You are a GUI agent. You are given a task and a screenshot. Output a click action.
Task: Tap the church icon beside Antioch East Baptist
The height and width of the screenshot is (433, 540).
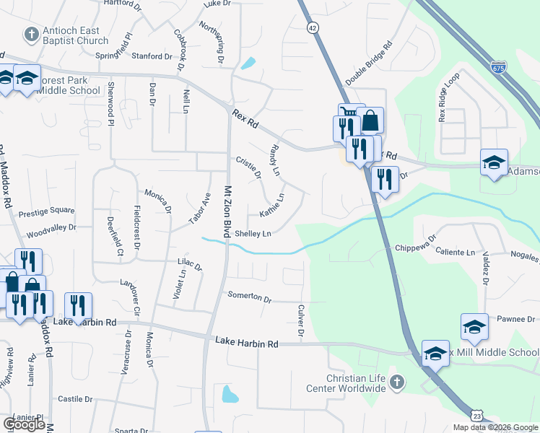point(31,34)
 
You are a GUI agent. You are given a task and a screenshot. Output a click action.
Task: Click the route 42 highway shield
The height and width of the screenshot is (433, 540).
point(312,27)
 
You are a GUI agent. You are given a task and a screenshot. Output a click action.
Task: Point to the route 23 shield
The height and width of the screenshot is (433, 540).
point(476,416)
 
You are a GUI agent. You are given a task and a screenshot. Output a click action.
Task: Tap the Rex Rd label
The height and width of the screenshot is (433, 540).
point(245,119)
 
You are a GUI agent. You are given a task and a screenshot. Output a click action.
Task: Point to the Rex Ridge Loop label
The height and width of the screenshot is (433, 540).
point(448,96)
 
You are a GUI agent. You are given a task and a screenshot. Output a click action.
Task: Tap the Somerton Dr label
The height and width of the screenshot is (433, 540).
point(249,297)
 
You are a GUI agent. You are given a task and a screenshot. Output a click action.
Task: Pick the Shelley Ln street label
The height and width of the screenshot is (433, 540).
point(252,234)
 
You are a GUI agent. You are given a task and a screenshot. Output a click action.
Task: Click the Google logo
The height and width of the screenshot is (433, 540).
point(25,424)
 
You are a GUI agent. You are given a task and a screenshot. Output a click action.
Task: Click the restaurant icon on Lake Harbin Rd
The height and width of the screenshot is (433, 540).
point(77,305)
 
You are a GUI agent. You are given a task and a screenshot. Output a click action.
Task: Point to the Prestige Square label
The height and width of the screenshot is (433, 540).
point(46,211)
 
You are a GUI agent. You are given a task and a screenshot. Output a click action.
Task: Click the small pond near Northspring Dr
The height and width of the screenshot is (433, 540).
point(248,64)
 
